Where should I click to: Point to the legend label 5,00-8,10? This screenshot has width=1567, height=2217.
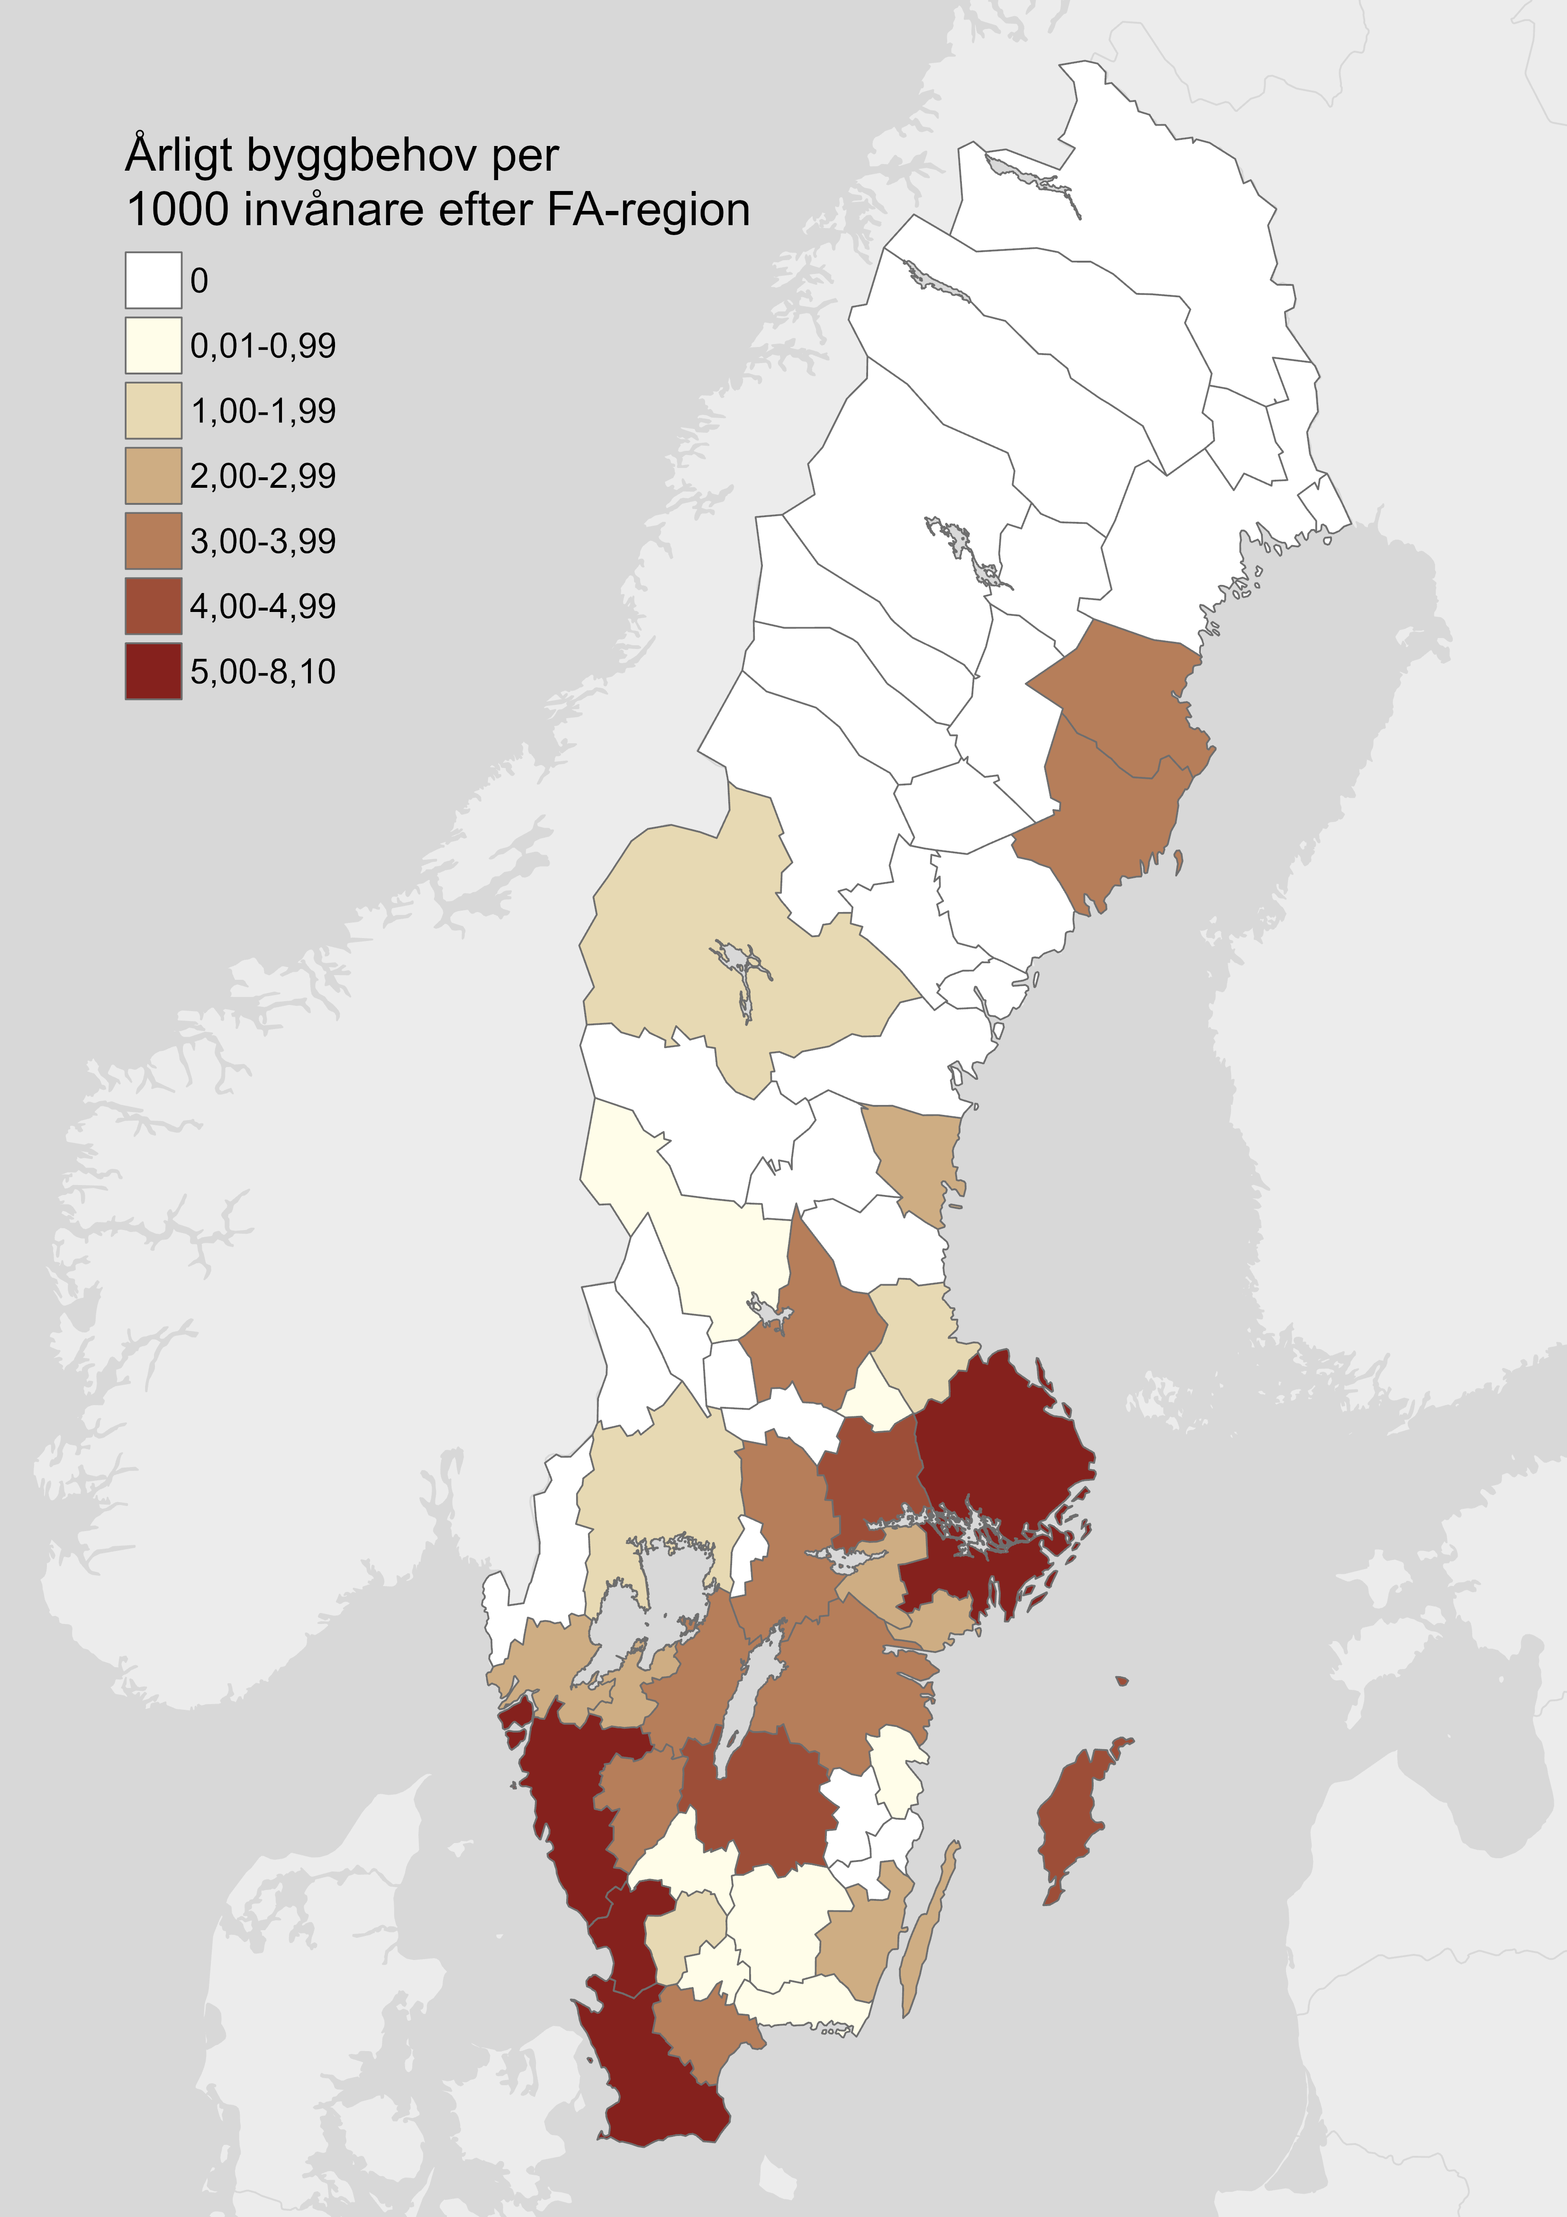point(263,671)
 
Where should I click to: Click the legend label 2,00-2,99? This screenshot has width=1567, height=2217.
point(263,475)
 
